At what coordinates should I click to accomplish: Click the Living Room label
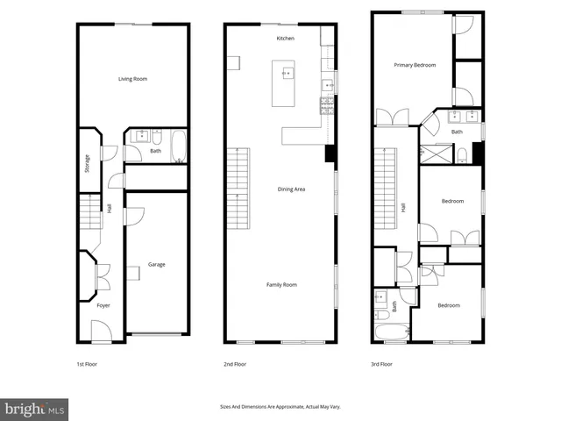133,79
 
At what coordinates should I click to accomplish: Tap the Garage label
156,264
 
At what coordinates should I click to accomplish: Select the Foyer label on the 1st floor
103,305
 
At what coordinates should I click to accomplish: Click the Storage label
88,163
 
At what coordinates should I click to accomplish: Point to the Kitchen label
285,39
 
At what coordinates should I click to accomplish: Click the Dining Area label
291,189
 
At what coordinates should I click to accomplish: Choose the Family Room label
282,284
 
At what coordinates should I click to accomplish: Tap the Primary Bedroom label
415,65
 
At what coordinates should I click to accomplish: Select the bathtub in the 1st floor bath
178,147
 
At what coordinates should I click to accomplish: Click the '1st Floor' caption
87,363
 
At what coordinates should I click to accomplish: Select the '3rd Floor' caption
380,363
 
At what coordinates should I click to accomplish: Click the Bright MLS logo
35,409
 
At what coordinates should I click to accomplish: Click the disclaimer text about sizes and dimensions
280,406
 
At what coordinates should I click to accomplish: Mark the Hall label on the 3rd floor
403,208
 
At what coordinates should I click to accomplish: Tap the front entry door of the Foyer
103,331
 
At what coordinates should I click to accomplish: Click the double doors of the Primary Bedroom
392,117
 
